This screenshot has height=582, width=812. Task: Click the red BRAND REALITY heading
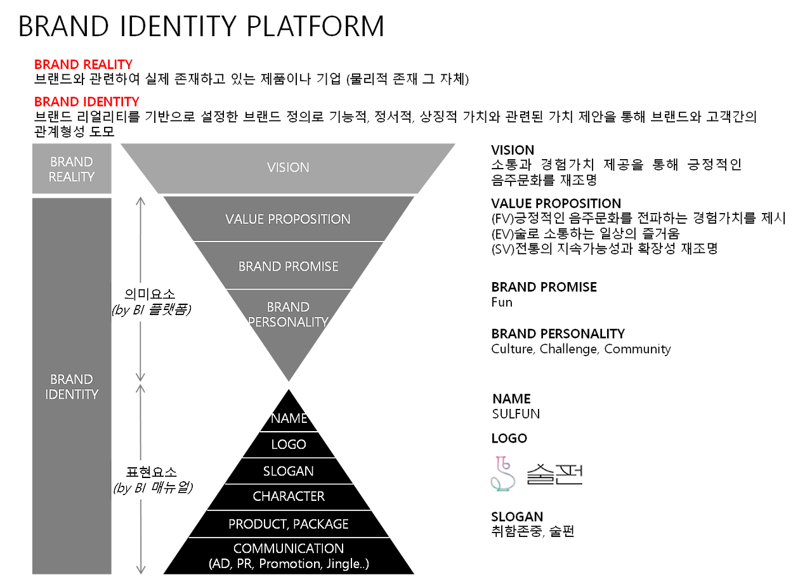[x=83, y=65]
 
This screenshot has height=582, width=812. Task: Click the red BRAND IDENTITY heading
[x=86, y=102]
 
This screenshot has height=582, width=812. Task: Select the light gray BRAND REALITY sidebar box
[x=72, y=169]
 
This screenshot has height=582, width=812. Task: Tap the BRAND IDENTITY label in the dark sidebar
[x=72, y=387]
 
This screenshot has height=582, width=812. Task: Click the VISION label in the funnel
[x=288, y=167]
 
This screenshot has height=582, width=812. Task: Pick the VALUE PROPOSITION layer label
[x=288, y=219]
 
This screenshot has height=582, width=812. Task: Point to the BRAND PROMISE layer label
[x=288, y=266]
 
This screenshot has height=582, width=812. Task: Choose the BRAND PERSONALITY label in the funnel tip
[x=288, y=314]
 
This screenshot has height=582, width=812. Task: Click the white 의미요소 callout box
[x=155, y=302]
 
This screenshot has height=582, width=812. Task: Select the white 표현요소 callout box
[x=156, y=480]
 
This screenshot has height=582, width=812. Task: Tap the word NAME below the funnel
[x=289, y=418]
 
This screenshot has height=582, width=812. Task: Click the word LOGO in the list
[x=289, y=444]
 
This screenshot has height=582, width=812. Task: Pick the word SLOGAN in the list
[x=289, y=471]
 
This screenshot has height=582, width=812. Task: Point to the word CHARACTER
[x=289, y=496]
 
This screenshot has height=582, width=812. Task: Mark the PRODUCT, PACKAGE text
[x=289, y=524]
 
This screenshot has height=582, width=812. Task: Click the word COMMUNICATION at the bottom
[x=289, y=548]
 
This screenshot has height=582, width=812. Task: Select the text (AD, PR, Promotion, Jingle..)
[x=289, y=564]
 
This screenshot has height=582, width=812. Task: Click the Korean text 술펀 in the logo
[x=554, y=473]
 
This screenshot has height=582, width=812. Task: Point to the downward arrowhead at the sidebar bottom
[x=141, y=569]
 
